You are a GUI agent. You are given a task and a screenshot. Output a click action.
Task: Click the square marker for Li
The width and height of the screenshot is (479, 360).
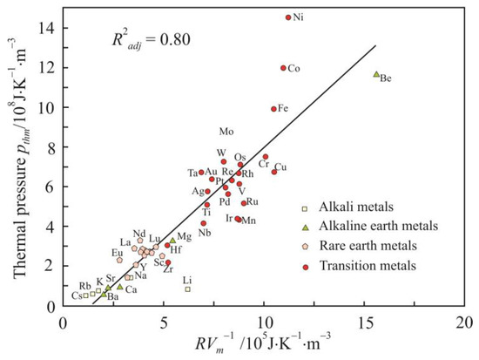tap(187, 289)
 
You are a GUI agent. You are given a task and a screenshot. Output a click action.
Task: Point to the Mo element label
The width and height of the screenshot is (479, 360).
tap(226, 132)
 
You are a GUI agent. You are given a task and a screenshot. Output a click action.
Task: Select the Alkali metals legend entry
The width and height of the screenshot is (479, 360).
tap(354, 207)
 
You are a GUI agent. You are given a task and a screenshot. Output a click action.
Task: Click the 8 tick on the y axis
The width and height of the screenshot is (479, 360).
tap(53, 146)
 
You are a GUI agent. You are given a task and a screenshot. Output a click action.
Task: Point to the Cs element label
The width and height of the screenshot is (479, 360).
tap(78, 295)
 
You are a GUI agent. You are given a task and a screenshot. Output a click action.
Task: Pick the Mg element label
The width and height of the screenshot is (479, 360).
tap(184, 237)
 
